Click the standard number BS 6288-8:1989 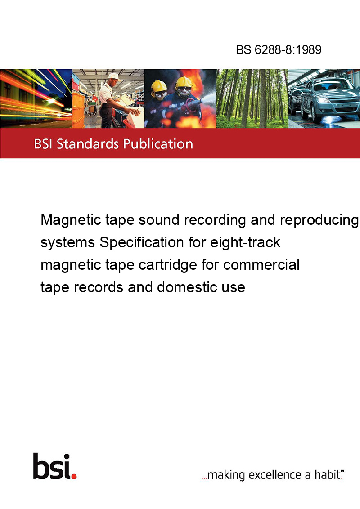click(279, 49)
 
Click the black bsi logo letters click(52, 466)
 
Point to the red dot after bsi click(74, 476)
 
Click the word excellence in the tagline click(275, 475)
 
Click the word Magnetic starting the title click(71, 220)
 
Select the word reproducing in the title click(319, 220)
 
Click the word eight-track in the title click(245, 242)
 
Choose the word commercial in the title click(261, 264)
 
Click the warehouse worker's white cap click(113, 76)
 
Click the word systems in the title click(67, 243)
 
